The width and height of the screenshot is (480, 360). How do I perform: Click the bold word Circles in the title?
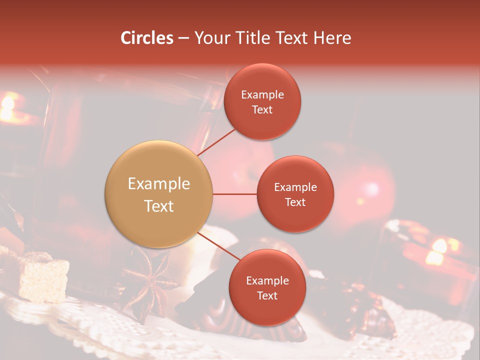tap(147, 38)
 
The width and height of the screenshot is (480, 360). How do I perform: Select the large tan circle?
tap(159, 194)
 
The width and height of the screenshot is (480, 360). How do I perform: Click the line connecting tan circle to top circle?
tap(217, 141)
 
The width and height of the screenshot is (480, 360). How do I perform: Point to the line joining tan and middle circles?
tap(234, 194)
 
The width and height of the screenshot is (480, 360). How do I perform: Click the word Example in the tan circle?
tap(159, 184)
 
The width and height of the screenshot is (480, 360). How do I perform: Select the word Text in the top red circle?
tap(262, 110)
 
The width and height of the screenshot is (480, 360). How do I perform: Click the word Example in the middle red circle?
tap(295, 187)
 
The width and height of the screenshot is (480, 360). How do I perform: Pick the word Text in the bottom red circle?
tap(267, 296)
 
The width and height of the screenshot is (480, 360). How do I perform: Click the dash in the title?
tap(183, 38)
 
